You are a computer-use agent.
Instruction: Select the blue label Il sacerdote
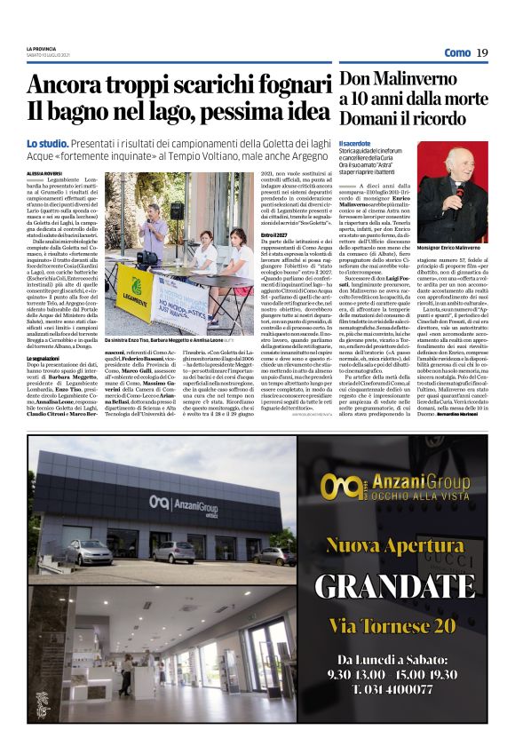pos(354,143)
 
